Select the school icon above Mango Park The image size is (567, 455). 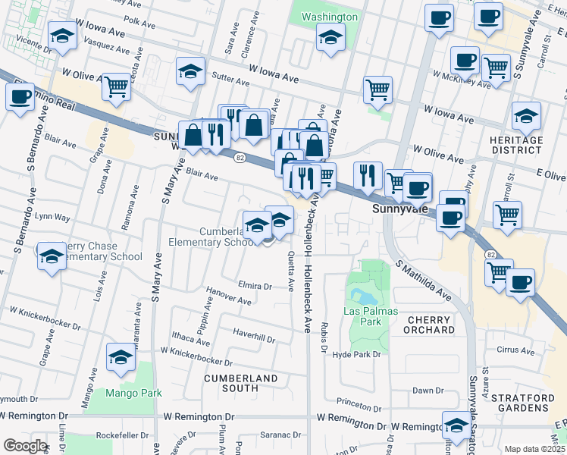click(x=121, y=357)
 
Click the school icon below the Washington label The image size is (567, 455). click(x=330, y=37)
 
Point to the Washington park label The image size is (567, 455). click(x=329, y=17)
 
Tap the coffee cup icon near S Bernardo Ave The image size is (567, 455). click(x=20, y=96)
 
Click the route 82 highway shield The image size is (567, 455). click(x=240, y=157)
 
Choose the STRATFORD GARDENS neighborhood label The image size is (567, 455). click(x=522, y=402)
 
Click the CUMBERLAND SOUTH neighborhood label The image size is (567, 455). click(x=240, y=384)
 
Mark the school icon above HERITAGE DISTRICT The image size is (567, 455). click(x=526, y=116)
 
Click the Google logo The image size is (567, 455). click(x=25, y=446)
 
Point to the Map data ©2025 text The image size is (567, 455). click(x=534, y=449)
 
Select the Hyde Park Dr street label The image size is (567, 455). click(x=356, y=354)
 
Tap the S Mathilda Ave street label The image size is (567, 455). click(x=423, y=281)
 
